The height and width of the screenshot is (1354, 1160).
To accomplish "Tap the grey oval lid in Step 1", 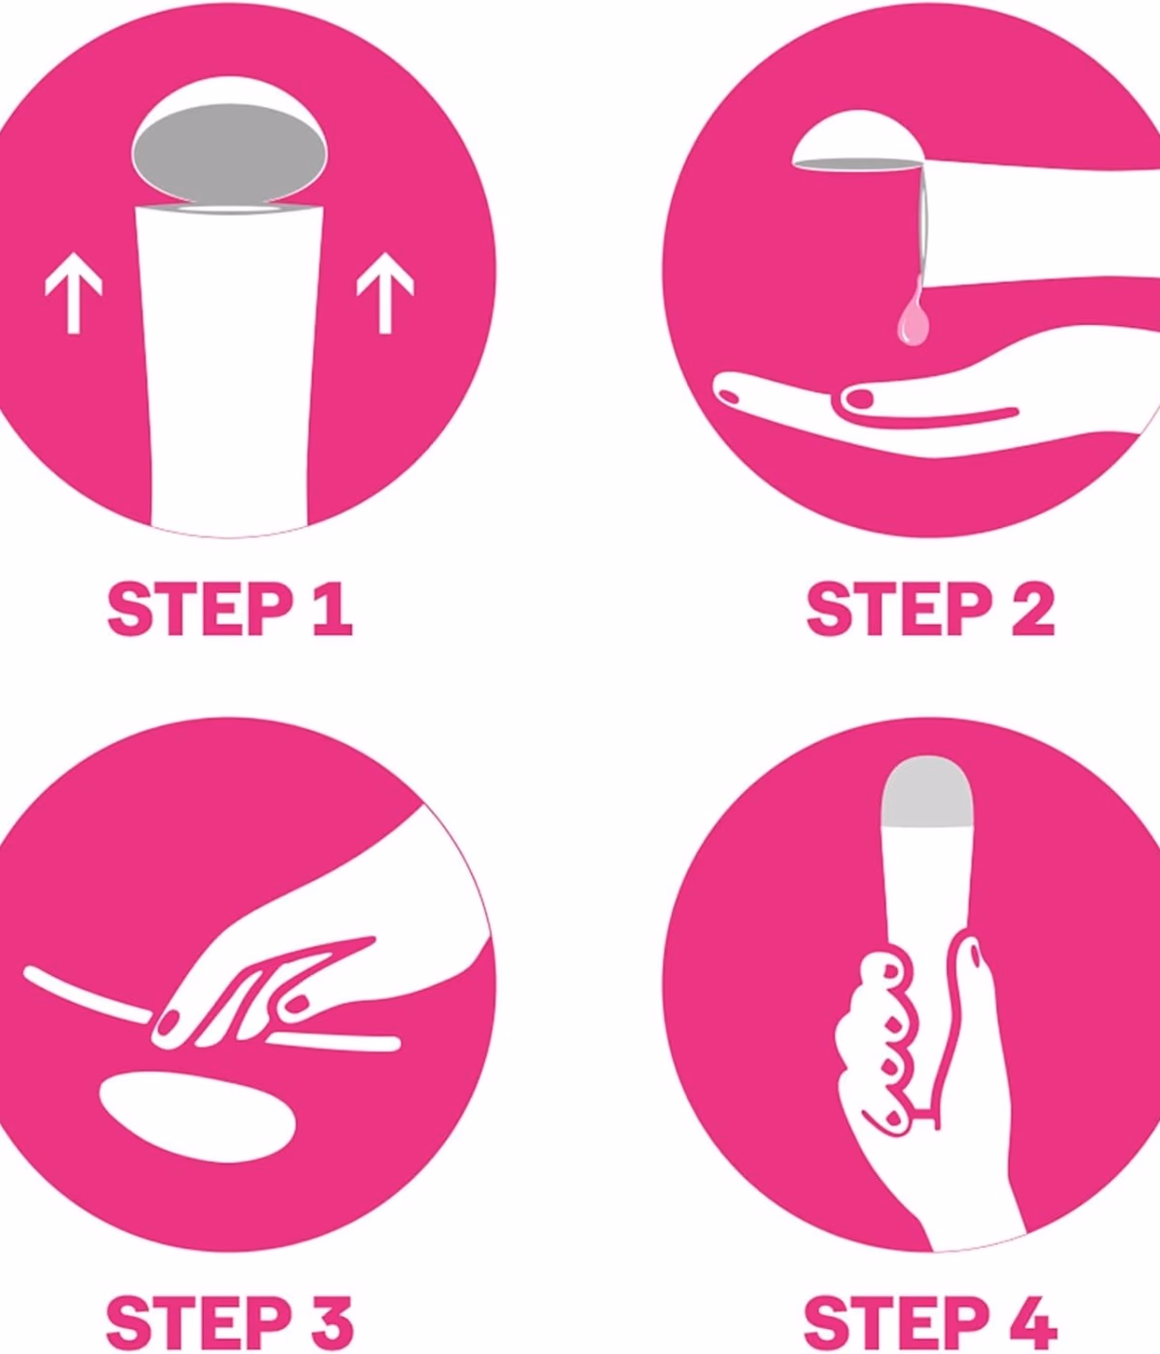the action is point(230,153).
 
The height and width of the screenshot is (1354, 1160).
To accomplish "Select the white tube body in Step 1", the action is point(230,367).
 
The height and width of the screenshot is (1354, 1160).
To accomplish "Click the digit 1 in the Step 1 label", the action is point(333,609).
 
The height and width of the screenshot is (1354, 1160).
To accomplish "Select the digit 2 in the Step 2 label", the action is point(1033,609).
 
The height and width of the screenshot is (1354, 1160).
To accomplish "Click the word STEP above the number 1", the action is point(200,609).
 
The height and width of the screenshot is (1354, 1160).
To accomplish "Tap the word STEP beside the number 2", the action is point(899,609).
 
